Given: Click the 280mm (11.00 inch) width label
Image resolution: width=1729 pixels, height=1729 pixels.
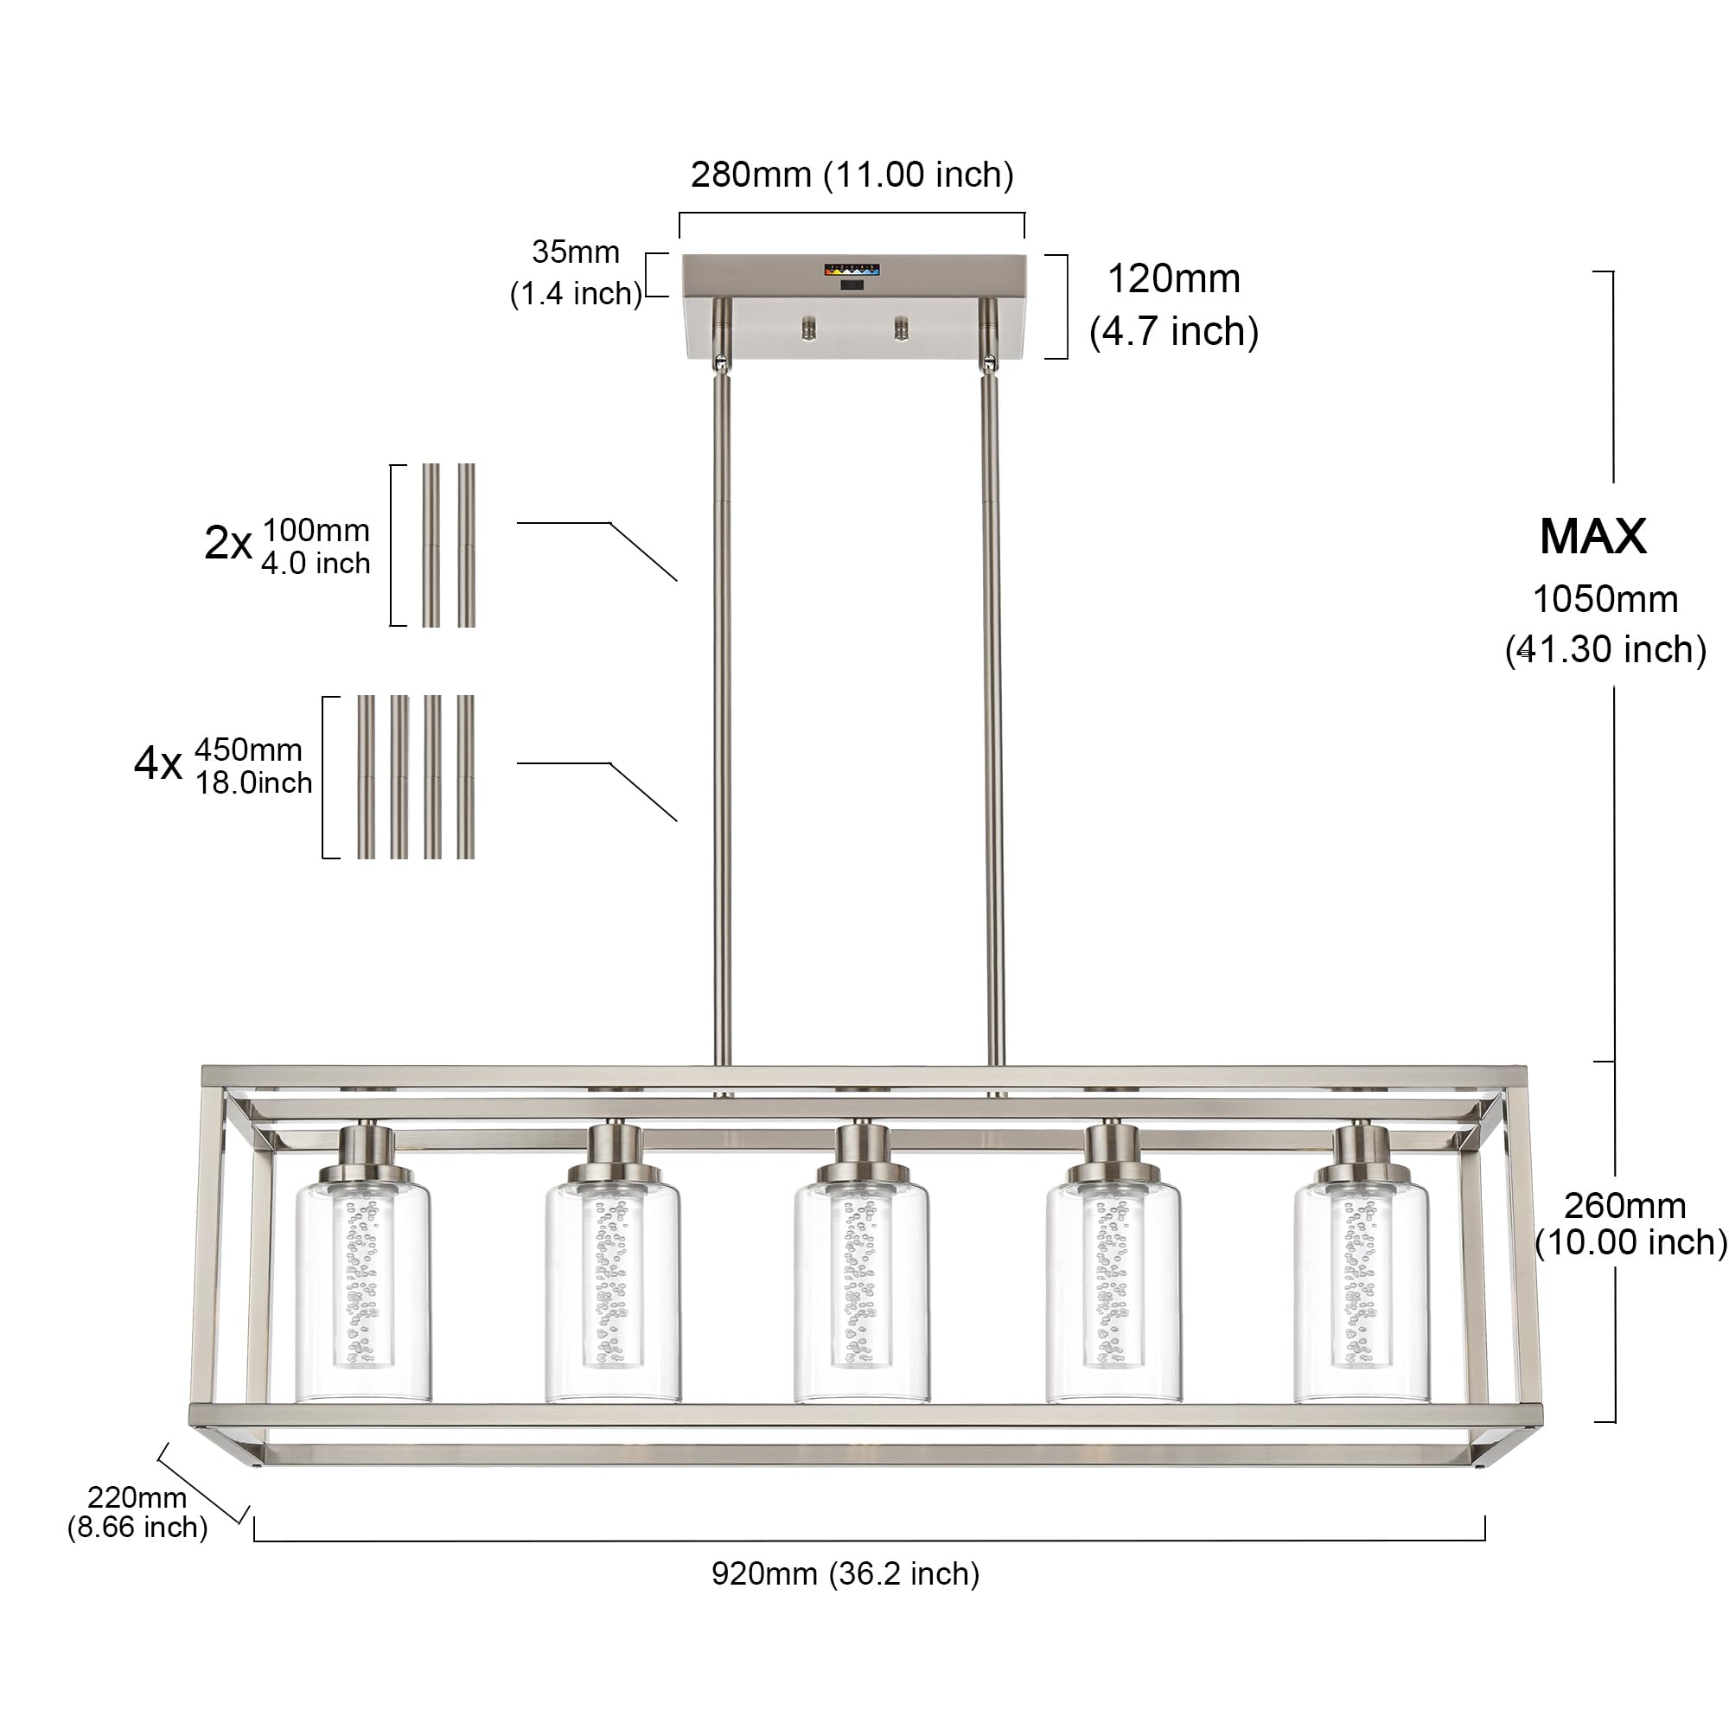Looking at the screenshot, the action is [852, 175].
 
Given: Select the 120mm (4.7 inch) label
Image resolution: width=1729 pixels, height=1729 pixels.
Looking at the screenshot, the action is [1174, 305].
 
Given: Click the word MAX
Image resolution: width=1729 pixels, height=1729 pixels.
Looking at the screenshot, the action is [1593, 537].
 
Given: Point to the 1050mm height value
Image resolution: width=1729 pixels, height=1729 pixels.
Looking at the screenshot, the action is [1605, 600].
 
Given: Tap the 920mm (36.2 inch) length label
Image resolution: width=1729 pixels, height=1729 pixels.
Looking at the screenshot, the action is [845, 1573].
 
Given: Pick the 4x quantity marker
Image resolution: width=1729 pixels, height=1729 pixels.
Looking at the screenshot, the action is [158, 763].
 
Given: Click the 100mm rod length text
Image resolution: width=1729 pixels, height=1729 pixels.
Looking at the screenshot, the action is [316, 530].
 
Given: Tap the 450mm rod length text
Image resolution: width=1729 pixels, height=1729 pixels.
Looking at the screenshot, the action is [249, 749].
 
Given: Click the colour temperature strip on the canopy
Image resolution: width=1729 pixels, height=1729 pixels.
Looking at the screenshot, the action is [853, 268].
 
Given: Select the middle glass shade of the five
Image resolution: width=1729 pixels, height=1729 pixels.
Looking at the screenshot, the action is [861, 1292].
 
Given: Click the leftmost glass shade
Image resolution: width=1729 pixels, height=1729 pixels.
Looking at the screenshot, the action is [362, 1292].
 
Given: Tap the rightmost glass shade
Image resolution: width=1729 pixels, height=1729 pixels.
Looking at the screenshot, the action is [1362, 1292].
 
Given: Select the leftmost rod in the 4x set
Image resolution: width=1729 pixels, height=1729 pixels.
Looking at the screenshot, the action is [366, 777].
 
